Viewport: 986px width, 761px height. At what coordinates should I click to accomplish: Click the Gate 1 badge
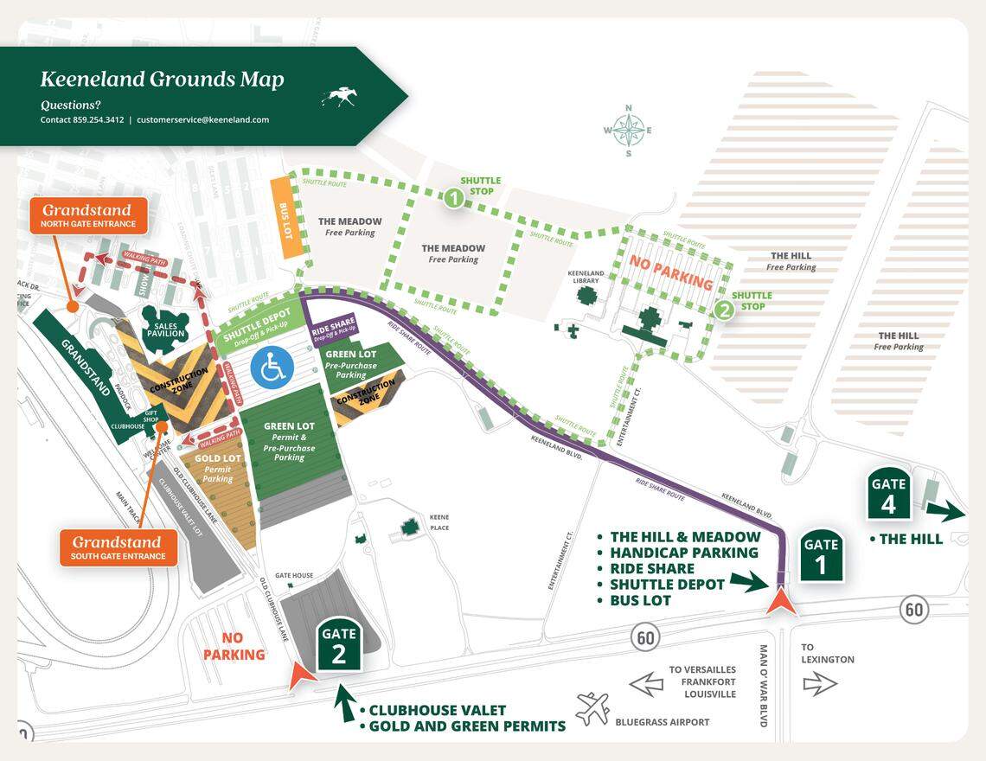click(x=821, y=554)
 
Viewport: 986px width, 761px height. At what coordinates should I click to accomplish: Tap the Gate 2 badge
click(x=338, y=644)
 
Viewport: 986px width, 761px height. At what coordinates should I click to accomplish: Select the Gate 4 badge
click(x=888, y=494)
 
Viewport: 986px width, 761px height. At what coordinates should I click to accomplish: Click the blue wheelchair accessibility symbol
click(x=272, y=367)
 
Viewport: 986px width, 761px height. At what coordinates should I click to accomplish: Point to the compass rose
click(x=629, y=131)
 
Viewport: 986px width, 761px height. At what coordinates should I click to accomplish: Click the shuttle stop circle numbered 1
click(x=453, y=199)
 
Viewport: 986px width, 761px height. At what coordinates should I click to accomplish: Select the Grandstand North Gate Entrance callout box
click(x=89, y=215)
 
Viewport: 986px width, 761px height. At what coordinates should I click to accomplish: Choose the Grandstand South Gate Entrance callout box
click(x=118, y=548)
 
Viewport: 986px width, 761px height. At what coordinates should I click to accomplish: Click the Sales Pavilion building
click(x=164, y=326)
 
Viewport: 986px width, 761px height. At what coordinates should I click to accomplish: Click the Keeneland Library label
click(x=585, y=276)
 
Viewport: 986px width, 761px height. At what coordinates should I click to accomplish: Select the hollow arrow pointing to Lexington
click(x=820, y=684)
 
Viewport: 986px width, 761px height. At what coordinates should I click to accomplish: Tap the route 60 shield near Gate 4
click(x=913, y=610)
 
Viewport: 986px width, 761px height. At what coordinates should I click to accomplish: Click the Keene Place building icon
click(x=407, y=527)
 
